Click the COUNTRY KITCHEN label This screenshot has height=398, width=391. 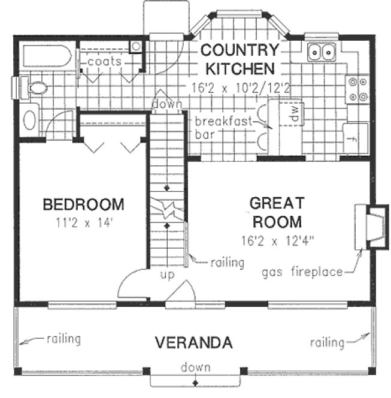[239, 59]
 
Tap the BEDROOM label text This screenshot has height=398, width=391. [84, 204]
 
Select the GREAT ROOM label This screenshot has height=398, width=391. [277, 212]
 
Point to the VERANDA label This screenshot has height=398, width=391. [194, 343]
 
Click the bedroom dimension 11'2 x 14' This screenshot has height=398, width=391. [84, 222]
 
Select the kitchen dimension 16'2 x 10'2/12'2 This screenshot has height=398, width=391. [241, 88]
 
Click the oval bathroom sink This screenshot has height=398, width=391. [30, 119]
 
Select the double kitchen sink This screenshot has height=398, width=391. [322, 53]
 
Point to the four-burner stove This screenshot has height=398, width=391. [358, 89]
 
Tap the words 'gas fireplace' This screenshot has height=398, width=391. [302, 272]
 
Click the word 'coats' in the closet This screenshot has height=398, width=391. [104, 61]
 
